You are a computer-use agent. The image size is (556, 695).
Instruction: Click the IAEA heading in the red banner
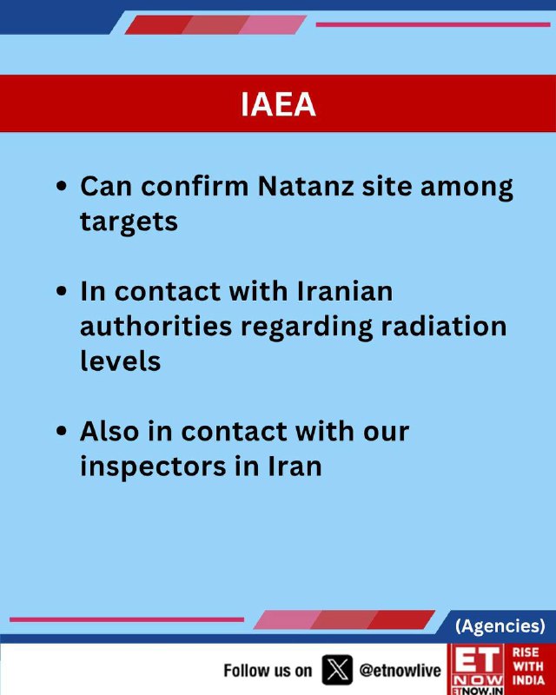(x=278, y=104)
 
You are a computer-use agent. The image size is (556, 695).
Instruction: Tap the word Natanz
(x=306, y=186)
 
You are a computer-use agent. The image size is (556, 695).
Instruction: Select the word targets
(x=129, y=222)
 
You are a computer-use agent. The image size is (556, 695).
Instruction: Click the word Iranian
(x=344, y=291)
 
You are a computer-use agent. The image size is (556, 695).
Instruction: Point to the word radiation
(x=443, y=326)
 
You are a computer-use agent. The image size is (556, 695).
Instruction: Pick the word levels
(x=120, y=361)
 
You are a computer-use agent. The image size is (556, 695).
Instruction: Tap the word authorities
(x=156, y=326)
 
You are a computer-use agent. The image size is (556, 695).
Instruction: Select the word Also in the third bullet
(x=109, y=431)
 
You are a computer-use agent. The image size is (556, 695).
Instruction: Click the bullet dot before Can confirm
(x=62, y=186)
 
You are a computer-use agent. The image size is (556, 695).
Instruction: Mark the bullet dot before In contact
(x=62, y=291)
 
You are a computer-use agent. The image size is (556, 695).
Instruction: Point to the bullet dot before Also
(x=62, y=431)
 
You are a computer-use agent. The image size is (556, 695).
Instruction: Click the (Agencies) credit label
(x=500, y=625)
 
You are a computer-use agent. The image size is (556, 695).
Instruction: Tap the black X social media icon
(x=337, y=670)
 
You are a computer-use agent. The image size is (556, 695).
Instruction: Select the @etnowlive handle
(x=400, y=670)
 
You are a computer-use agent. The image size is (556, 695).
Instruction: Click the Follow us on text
(x=268, y=670)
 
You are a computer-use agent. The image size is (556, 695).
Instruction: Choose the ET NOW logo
(x=478, y=669)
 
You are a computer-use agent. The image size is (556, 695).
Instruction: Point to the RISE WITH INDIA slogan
(x=528, y=666)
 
